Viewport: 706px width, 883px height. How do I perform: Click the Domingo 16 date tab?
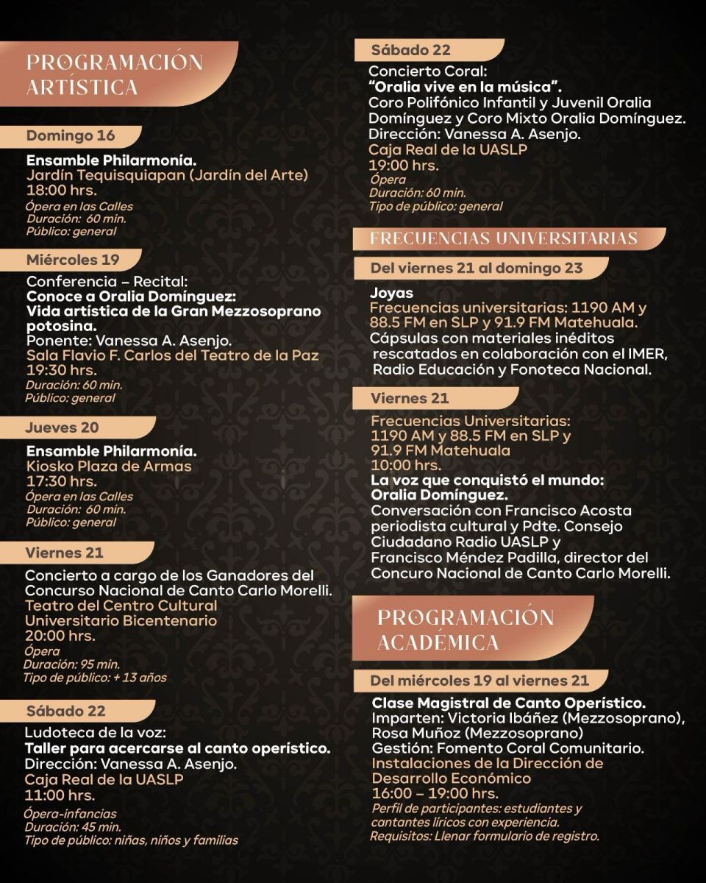click(x=71, y=136)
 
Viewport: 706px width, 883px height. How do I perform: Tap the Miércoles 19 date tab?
click(x=73, y=260)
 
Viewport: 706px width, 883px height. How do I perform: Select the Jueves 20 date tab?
click(x=62, y=428)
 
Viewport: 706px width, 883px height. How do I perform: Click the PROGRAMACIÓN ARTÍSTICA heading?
click(x=115, y=74)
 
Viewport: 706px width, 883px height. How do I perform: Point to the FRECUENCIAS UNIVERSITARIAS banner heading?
click(x=504, y=238)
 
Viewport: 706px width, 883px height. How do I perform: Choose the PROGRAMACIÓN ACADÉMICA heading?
click(x=466, y=629)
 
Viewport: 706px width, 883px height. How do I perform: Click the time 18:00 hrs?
click(x=62, y=191)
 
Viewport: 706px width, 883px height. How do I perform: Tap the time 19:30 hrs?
click(x=62, y=370)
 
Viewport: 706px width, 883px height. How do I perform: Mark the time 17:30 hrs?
click(x=62, y=481)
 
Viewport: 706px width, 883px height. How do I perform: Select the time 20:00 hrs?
click(x=60, y=636)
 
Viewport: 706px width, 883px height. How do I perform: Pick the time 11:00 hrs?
click(x=60, y=795)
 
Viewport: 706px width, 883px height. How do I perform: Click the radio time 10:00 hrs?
click(x=406, y=465)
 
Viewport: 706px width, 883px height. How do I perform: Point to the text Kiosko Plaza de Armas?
click(x=109, y=466)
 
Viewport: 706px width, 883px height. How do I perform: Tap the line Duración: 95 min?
click(x=71, y=664)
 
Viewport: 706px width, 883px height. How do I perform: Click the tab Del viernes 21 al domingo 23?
click(x=477, y=268)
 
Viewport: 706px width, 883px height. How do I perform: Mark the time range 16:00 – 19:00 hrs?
click(x=435, y=793)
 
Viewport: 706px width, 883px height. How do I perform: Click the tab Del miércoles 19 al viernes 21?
click(x=479, y=681)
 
